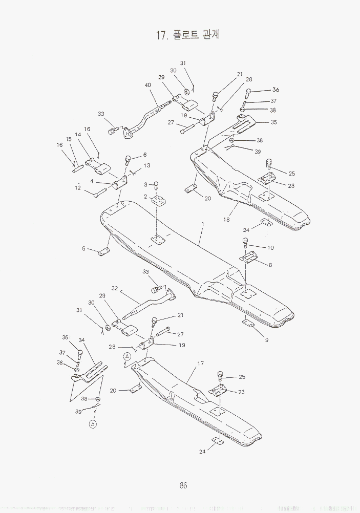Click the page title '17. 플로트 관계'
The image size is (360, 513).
(x=190, y=35)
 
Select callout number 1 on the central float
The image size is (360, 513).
(x=203, y=225)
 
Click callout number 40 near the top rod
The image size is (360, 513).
(x=147, y=85)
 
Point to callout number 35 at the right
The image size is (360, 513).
(x=274, y=122)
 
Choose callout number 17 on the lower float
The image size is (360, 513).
(x=200, y=363)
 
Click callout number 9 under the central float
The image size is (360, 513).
(x=266, y=339)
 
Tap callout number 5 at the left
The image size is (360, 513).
(x=83, y=249)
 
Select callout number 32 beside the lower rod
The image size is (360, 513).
(x=115, y=289)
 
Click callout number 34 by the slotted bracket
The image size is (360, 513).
(x=81, y=340)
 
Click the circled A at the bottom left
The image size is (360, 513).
(x=93, y=424)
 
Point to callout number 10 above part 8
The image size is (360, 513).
(x=270, y=248)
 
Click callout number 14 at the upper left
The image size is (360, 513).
(x=78, y=135)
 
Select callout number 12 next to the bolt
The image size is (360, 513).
(x=78, y=188)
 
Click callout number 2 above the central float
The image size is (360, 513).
(x=145, y=197)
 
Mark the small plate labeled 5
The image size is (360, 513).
(x=104, y=252)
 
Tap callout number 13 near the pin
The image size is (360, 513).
(x=147, y=165)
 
